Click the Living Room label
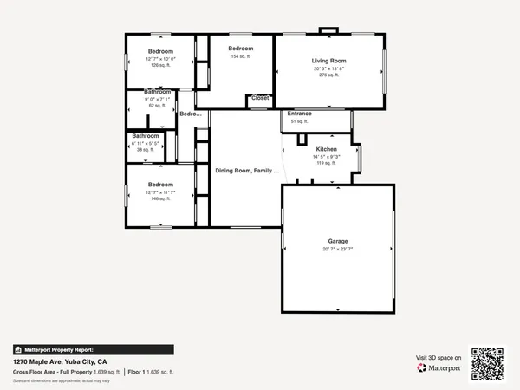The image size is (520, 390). pos(328,60)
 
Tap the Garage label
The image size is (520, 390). pos(337,240)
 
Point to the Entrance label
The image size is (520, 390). pos(300,114)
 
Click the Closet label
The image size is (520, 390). pos(260,98)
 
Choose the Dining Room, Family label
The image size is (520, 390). pos(247,171)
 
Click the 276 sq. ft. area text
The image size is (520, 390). pos(328,75)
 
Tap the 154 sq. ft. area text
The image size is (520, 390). pos(240,56)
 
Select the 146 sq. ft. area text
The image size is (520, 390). pos(159,198)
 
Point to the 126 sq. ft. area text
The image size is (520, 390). pos(159,64)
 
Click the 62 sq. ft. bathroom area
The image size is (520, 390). pos(157,105)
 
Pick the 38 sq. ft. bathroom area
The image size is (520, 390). pos(146,149)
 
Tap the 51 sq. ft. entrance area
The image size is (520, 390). pos(299,121)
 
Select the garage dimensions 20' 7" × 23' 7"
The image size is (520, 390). pos(337,249)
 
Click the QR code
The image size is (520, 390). pos(488,363)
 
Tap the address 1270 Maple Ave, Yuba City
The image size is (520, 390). pos(60,361)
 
